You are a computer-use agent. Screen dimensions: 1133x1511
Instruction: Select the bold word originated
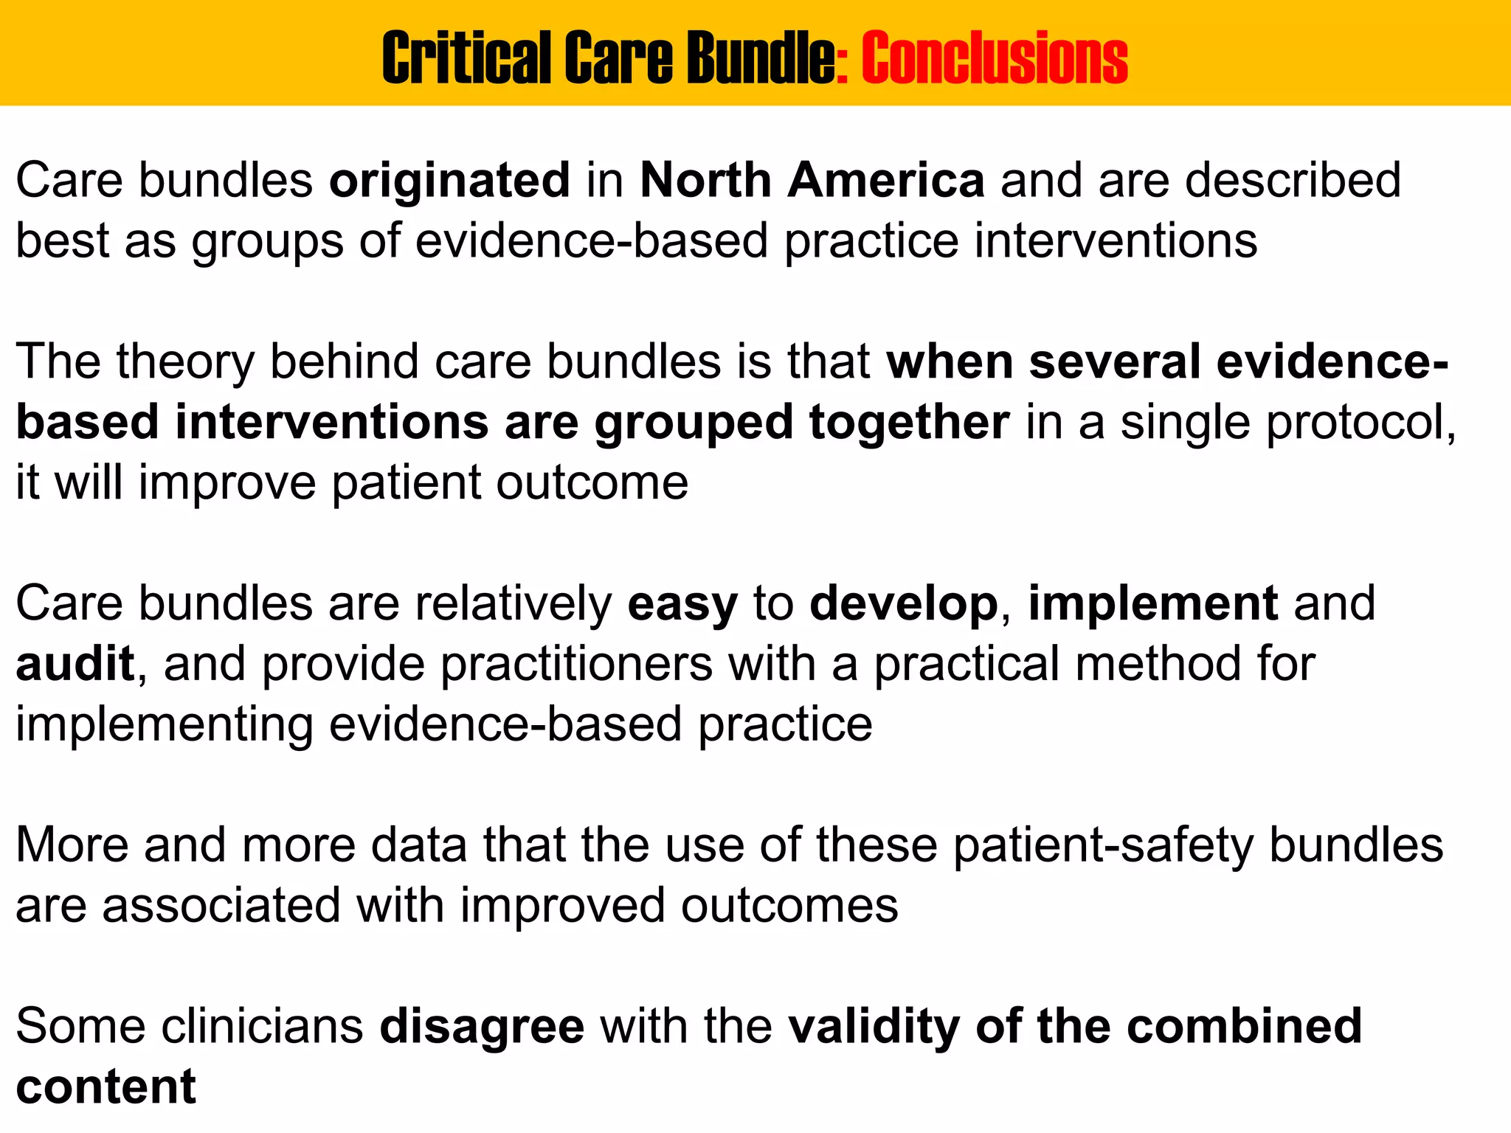[x=449, y=181]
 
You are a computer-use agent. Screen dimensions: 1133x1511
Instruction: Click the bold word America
[x=885, y=181]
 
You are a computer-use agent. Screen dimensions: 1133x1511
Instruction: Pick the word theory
[x=184, y=362]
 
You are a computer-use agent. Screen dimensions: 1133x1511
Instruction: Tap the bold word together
[x=909, y=423]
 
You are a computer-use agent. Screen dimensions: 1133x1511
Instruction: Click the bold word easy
[x=682, y=604]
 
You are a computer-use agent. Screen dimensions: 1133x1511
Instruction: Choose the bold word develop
[x=903, y=604]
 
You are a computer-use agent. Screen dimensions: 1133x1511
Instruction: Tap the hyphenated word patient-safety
[x=1102, y=845]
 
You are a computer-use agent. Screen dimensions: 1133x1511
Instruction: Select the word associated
[x=221, y=906]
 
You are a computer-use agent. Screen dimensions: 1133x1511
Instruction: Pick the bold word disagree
[x=482, y=1026]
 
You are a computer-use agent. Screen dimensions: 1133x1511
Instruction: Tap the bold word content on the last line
[x=106, y=1087]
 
